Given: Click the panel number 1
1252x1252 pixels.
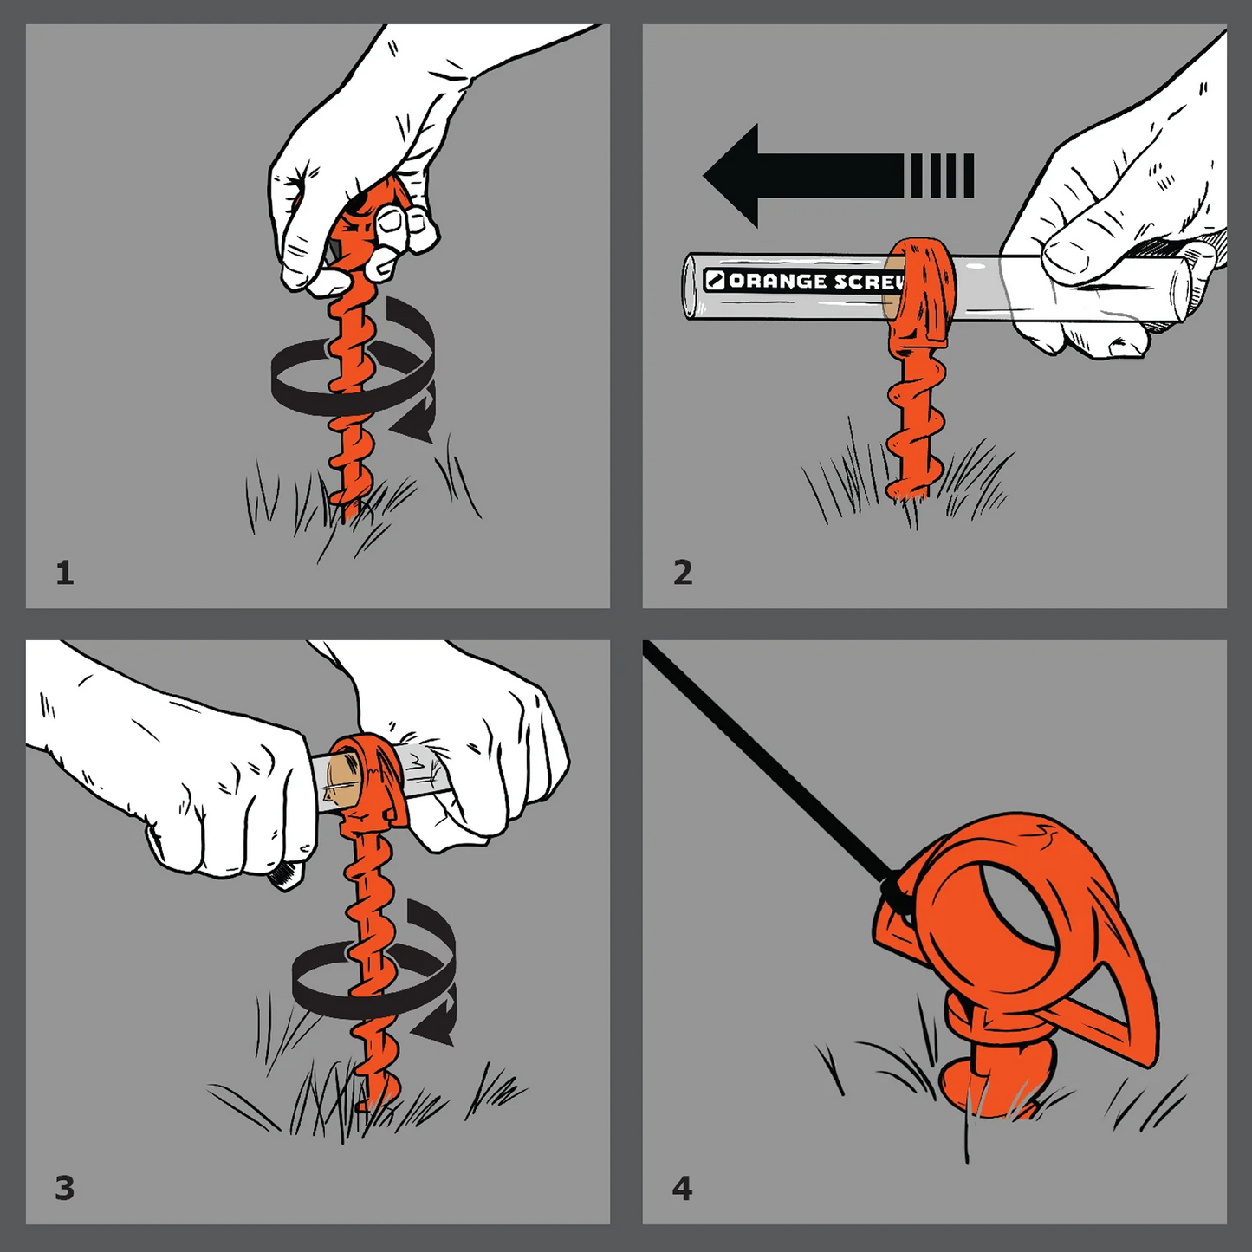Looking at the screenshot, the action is click(65, 574).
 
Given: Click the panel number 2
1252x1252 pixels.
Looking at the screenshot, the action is click(683, 573).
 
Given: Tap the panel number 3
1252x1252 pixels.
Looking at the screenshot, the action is click(65, 1189).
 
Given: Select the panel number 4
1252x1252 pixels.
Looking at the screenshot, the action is click(682, 1189).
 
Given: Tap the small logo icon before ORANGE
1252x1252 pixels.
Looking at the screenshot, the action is click(715, 281).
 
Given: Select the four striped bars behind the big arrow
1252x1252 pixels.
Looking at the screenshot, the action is click(943, 175).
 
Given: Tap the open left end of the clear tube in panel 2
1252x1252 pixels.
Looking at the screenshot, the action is click(692, 287).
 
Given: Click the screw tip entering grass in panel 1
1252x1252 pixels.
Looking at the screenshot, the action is click(352, 510).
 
